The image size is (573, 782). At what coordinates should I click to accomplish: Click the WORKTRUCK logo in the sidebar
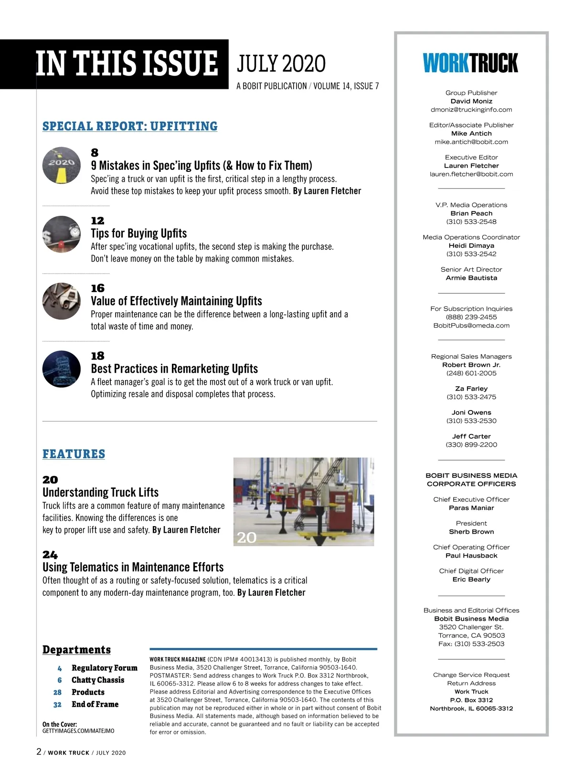tap(470, 63)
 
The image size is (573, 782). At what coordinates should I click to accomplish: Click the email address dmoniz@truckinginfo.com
tap(471, 110)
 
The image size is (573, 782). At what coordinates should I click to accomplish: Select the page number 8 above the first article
tap(95, 153)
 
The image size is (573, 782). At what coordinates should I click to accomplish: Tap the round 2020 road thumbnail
tap(61, 166)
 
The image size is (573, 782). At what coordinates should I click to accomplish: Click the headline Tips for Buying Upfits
tap(138, 233)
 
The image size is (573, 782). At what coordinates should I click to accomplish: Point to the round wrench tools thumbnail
tap(61, 301)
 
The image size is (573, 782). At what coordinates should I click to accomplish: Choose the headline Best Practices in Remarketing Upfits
tap(174, 369)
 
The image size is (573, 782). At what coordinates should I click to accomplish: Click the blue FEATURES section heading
tap(74, 454)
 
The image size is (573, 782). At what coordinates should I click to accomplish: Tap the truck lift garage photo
tap(303, 502)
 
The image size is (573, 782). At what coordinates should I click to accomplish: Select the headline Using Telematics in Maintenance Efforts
tap(133, 567)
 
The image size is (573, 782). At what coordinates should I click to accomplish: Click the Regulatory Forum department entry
tap(104, 668)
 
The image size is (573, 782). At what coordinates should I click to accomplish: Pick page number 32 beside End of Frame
tap(57, 705)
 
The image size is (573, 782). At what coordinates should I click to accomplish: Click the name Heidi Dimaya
tap(471, 246)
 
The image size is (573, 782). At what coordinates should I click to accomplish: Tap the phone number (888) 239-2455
tap(471, 317)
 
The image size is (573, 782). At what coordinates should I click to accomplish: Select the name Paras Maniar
tap(471, 508)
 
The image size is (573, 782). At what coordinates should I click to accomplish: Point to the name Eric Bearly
tap(471, 580)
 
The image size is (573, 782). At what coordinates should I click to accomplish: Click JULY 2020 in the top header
tap(281, 64)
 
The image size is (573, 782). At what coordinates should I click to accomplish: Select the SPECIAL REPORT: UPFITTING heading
tap(130, 127)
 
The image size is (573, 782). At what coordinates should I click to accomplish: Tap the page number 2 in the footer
tap(39, 752)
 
